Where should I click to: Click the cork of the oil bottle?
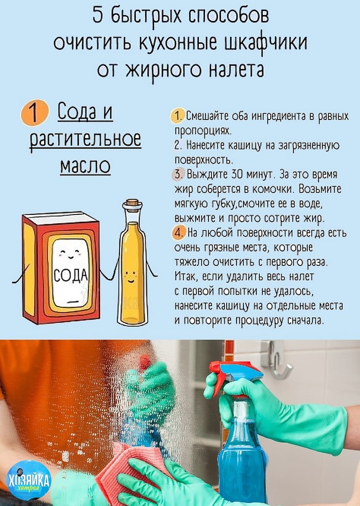point(132,205)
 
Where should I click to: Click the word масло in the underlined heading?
point(85,166)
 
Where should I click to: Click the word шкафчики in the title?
point(266,42)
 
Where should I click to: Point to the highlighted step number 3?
point(178,174)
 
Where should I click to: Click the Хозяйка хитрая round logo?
point(29,480)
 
